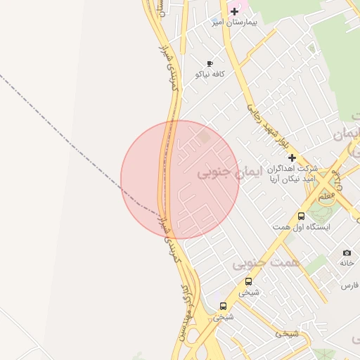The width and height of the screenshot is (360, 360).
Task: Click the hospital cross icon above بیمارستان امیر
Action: pos(234,12)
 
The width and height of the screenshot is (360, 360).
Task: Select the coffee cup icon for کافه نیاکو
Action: pos(210,63)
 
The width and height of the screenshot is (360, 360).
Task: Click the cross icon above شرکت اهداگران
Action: pos(292,157)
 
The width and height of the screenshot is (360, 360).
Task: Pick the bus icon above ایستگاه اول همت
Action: pos(301,217)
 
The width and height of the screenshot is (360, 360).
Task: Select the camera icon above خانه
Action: pos(347,252)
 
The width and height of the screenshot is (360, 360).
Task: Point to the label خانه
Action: pos(347,263)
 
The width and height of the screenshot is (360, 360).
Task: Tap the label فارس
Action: pos(350,285)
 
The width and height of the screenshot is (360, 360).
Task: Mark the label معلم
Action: pos(326,198)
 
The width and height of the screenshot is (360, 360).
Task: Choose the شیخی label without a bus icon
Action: pos(287,333)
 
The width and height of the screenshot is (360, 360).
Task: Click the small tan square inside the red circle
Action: pos(204,138)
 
